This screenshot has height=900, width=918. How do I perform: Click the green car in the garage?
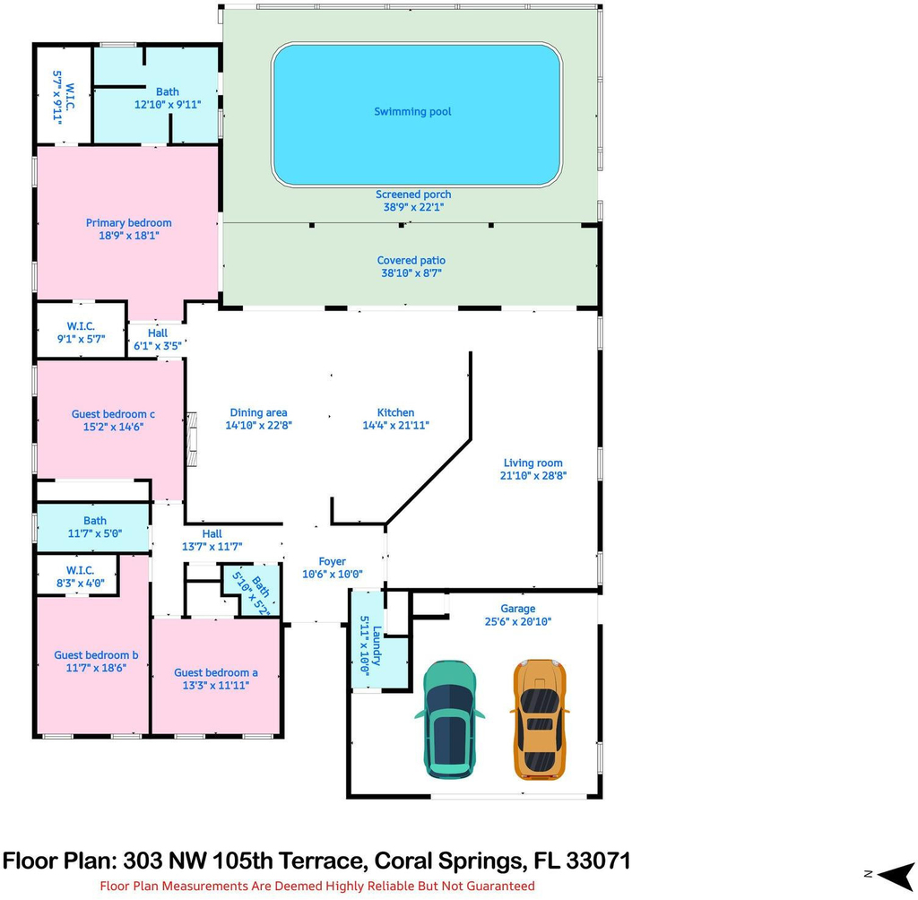[449, 719]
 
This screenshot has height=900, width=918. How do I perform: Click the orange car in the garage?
[539, 720]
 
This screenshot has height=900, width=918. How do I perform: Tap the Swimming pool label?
[412, 111]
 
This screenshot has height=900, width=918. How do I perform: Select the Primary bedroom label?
[129, 222]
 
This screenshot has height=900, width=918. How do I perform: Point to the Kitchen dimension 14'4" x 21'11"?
[395, 425]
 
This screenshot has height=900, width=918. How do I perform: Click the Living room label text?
[533, 463]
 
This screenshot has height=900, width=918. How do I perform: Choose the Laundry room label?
[377, 646]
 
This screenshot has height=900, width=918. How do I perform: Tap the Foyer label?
[332, 561]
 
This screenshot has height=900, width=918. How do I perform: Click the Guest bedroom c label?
[113, 414]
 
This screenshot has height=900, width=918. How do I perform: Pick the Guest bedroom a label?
[215, 672]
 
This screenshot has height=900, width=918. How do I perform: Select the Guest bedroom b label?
[96, 654]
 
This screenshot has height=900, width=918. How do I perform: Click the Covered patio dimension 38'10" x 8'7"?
[411, 273]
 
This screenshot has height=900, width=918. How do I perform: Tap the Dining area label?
[258, 412]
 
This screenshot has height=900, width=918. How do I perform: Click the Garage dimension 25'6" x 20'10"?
[517, 621]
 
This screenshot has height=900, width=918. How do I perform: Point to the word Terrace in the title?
[320, 861]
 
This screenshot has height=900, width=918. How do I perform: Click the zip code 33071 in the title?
[598, 861]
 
